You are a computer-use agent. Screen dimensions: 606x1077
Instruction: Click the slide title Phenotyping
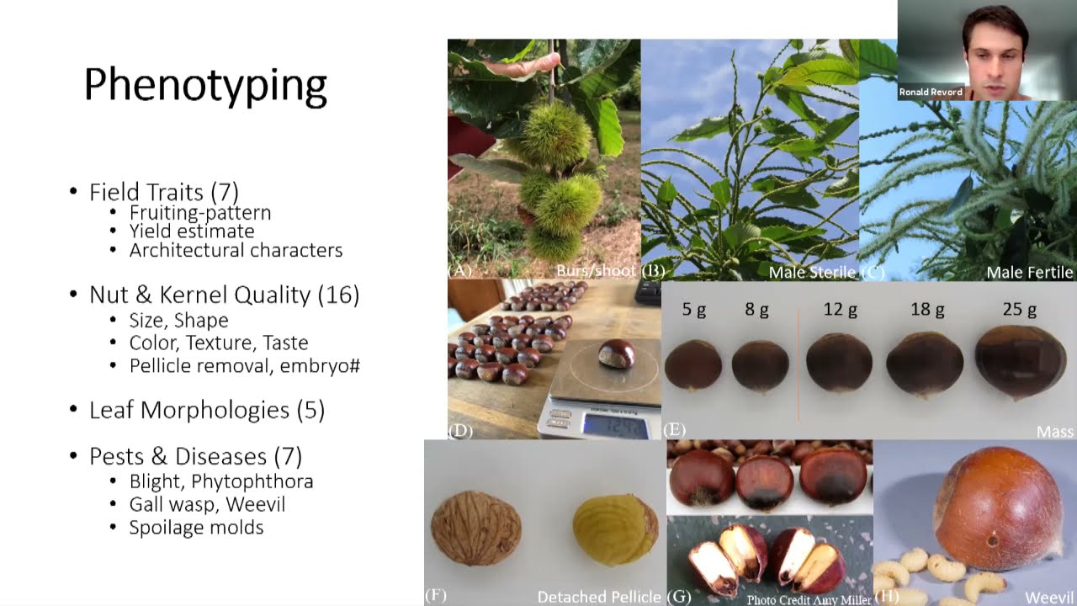(205, 86)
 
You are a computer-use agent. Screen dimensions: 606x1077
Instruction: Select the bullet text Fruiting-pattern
(200, 213)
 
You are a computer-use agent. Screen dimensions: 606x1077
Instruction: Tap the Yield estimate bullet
(192, 231)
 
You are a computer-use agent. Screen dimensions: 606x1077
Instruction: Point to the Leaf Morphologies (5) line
(207, 411)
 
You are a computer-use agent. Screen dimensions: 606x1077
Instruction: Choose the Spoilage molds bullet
(196, 528)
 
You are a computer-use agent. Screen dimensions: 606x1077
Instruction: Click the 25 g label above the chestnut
(1019, 310)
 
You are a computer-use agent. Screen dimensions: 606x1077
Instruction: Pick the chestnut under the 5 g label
(693, 364)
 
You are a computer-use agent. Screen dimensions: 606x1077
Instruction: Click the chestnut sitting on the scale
(616, 354)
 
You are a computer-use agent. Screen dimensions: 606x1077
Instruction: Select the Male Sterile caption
(812, 273)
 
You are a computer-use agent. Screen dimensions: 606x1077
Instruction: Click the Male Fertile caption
(1029, 273)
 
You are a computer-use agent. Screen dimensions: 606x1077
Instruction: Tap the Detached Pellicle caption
(599, 597)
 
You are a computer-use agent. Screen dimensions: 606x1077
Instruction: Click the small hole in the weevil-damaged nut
(993, 541)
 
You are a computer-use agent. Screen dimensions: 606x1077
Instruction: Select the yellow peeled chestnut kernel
(615, 528)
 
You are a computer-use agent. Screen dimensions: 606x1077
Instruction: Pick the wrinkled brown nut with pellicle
(476, 528)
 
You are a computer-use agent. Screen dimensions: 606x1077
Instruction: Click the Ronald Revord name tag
(931, 93)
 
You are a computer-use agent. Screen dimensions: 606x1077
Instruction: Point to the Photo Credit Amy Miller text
(809, 599)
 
